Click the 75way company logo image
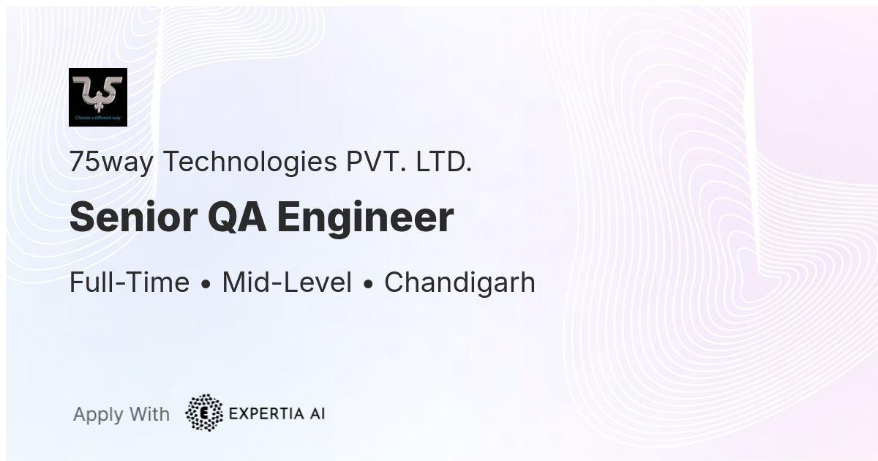98,97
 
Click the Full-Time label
130,282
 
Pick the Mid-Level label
287,282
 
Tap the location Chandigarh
459,282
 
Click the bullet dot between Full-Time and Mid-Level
206,284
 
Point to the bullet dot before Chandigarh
368,284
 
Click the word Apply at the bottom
98,415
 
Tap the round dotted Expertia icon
204,413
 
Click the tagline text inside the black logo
98,118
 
